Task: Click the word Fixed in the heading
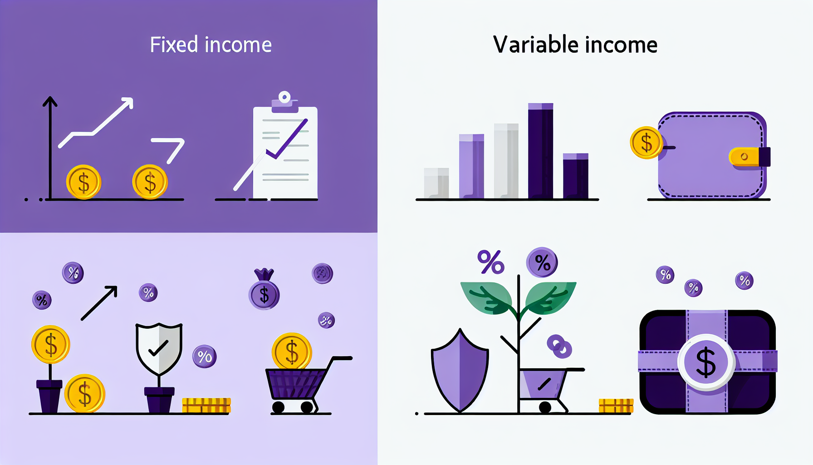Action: (174, 45)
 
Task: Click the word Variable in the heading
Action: (535, 45)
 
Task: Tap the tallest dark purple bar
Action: (540, 151)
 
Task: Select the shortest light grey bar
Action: (436, 183)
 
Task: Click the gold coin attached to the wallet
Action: (646, 143)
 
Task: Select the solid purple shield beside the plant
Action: (460, 370)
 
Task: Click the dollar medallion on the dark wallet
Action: (706, 362)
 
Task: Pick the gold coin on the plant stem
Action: (51, 344)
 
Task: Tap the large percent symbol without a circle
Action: (491, 262)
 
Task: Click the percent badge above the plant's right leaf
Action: (542, 262)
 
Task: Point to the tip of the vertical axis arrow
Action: (50, 96)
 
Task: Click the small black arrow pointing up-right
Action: (99, 303)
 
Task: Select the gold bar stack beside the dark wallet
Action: (616, 406)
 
